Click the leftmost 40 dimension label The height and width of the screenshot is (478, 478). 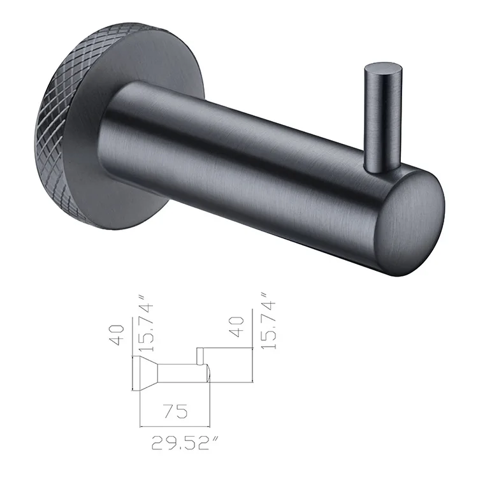pos(117,335)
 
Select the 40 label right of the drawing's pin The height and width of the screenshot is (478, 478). pos(238,327)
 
